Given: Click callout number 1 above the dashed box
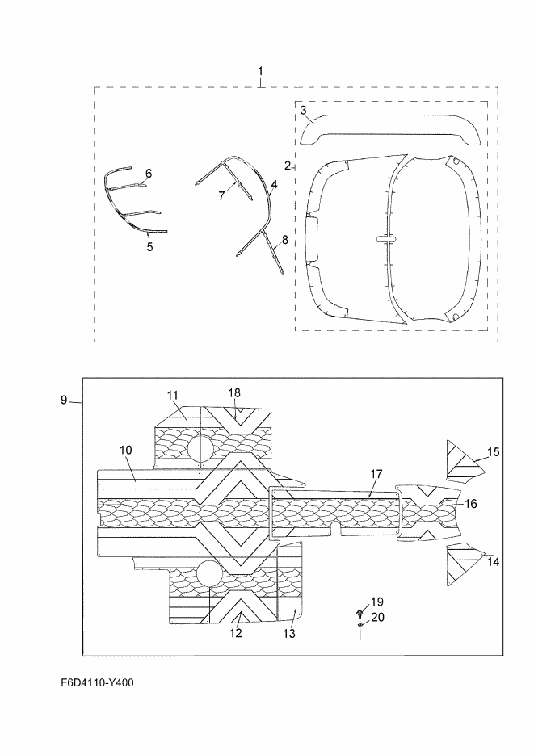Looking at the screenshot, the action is pyautogui.click(x=260, y=71).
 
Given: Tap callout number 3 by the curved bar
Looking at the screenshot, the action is pyautogui.click(x=304, y=111).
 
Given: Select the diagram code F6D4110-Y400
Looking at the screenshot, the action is pyautogui.click(x=97, y=682).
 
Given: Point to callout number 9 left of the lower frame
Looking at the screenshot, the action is pyautogui.click(x=64, y=400).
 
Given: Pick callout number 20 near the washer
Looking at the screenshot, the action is pyautogui.click(x=378, y=617).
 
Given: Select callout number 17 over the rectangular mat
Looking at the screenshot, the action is pyautogui.click(x=376, y=474).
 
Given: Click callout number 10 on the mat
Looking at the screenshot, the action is pyautogui.click(x=126, y=450).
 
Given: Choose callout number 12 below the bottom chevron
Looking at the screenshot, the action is pyautogui.click(x=235, y=633).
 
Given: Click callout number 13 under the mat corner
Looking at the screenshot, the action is pyautogui.click(x=289, y=634).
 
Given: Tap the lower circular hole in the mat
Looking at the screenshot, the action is pyautogui.click(x=209, y=573).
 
